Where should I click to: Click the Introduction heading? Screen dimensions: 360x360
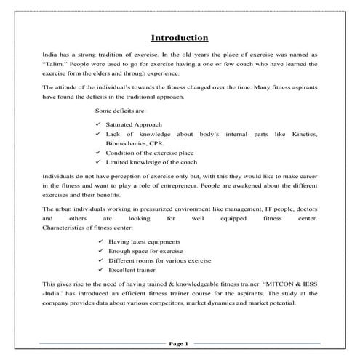(179, 38)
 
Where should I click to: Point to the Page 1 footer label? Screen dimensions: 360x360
(179, 343)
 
